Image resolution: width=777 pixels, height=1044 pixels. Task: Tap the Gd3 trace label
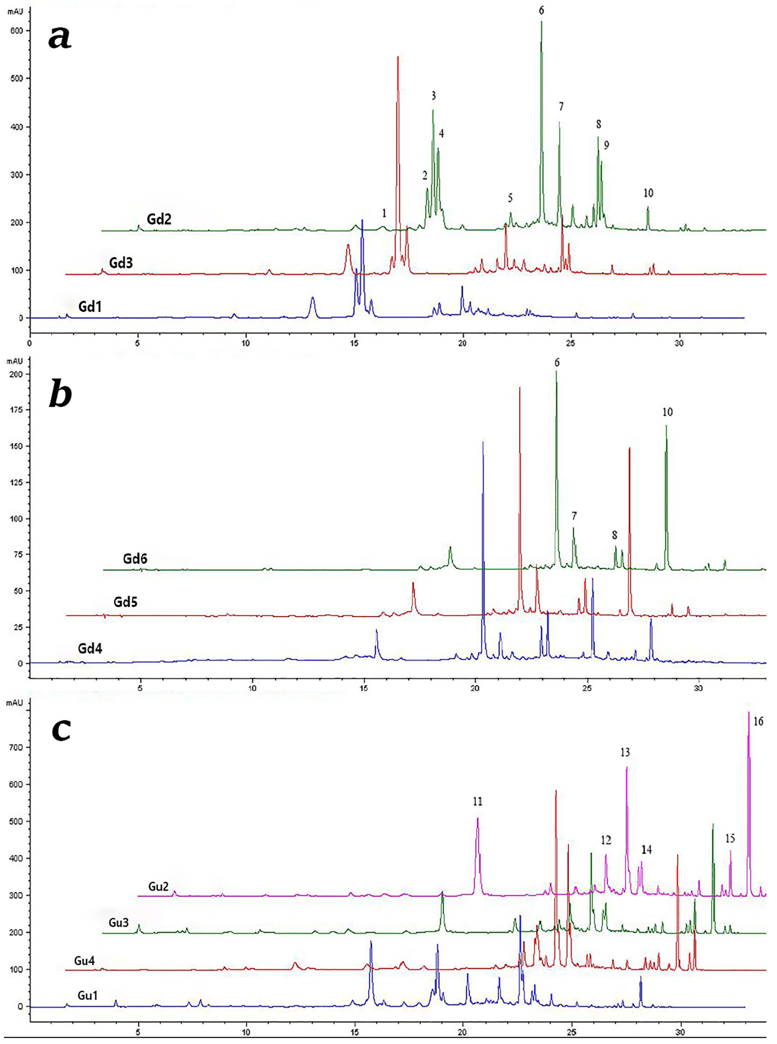(121, 263)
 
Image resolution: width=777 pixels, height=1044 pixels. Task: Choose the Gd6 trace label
(135, 559)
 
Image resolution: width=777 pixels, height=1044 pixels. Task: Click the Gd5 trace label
(125, 602)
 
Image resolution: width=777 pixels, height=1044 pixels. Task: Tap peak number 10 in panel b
(667, 412)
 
